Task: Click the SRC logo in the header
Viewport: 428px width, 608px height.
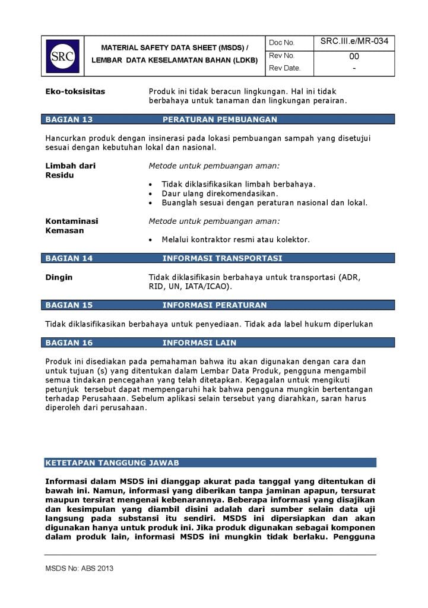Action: [62, 56]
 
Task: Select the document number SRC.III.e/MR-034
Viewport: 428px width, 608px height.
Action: [354, 42]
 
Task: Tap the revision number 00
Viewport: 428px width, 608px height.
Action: [354, 56]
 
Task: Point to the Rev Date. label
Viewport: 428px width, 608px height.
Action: [284, 68]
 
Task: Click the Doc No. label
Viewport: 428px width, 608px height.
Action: [281, 43]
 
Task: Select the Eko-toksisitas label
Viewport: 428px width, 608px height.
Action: [75, 91]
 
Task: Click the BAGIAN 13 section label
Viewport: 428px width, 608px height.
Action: [69, 119]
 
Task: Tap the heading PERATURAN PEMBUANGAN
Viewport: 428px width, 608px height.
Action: [220, 119]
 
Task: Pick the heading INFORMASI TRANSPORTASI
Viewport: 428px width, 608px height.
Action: [222, 258]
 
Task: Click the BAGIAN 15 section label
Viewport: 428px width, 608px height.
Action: [69, 305]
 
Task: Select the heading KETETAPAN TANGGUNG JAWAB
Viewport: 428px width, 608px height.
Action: [112, 463]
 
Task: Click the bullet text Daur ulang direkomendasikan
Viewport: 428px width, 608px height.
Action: [220, 194]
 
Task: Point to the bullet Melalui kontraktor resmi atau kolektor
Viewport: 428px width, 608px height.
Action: [236, 240]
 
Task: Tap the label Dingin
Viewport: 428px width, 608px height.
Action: [59, 277]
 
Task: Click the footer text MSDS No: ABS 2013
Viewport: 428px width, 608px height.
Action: [79, 568]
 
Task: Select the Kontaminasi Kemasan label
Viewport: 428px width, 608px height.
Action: [72, 226]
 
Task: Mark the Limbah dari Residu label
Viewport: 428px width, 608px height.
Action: [70, 170]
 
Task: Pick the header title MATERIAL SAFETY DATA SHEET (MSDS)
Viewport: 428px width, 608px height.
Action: [175, 47]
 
